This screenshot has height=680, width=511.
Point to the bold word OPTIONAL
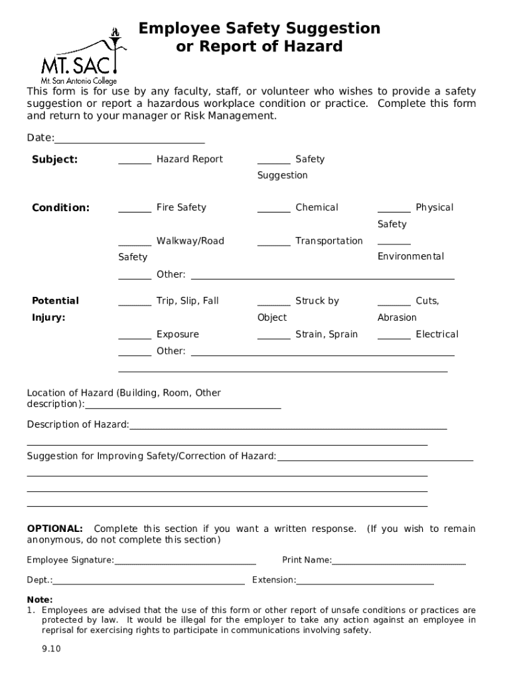click(54, 529)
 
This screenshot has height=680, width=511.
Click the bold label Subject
click(54, 159)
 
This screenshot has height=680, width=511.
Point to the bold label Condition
click(60, 208)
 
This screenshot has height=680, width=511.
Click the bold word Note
click(39, 600)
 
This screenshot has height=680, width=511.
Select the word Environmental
click(410, 257)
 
